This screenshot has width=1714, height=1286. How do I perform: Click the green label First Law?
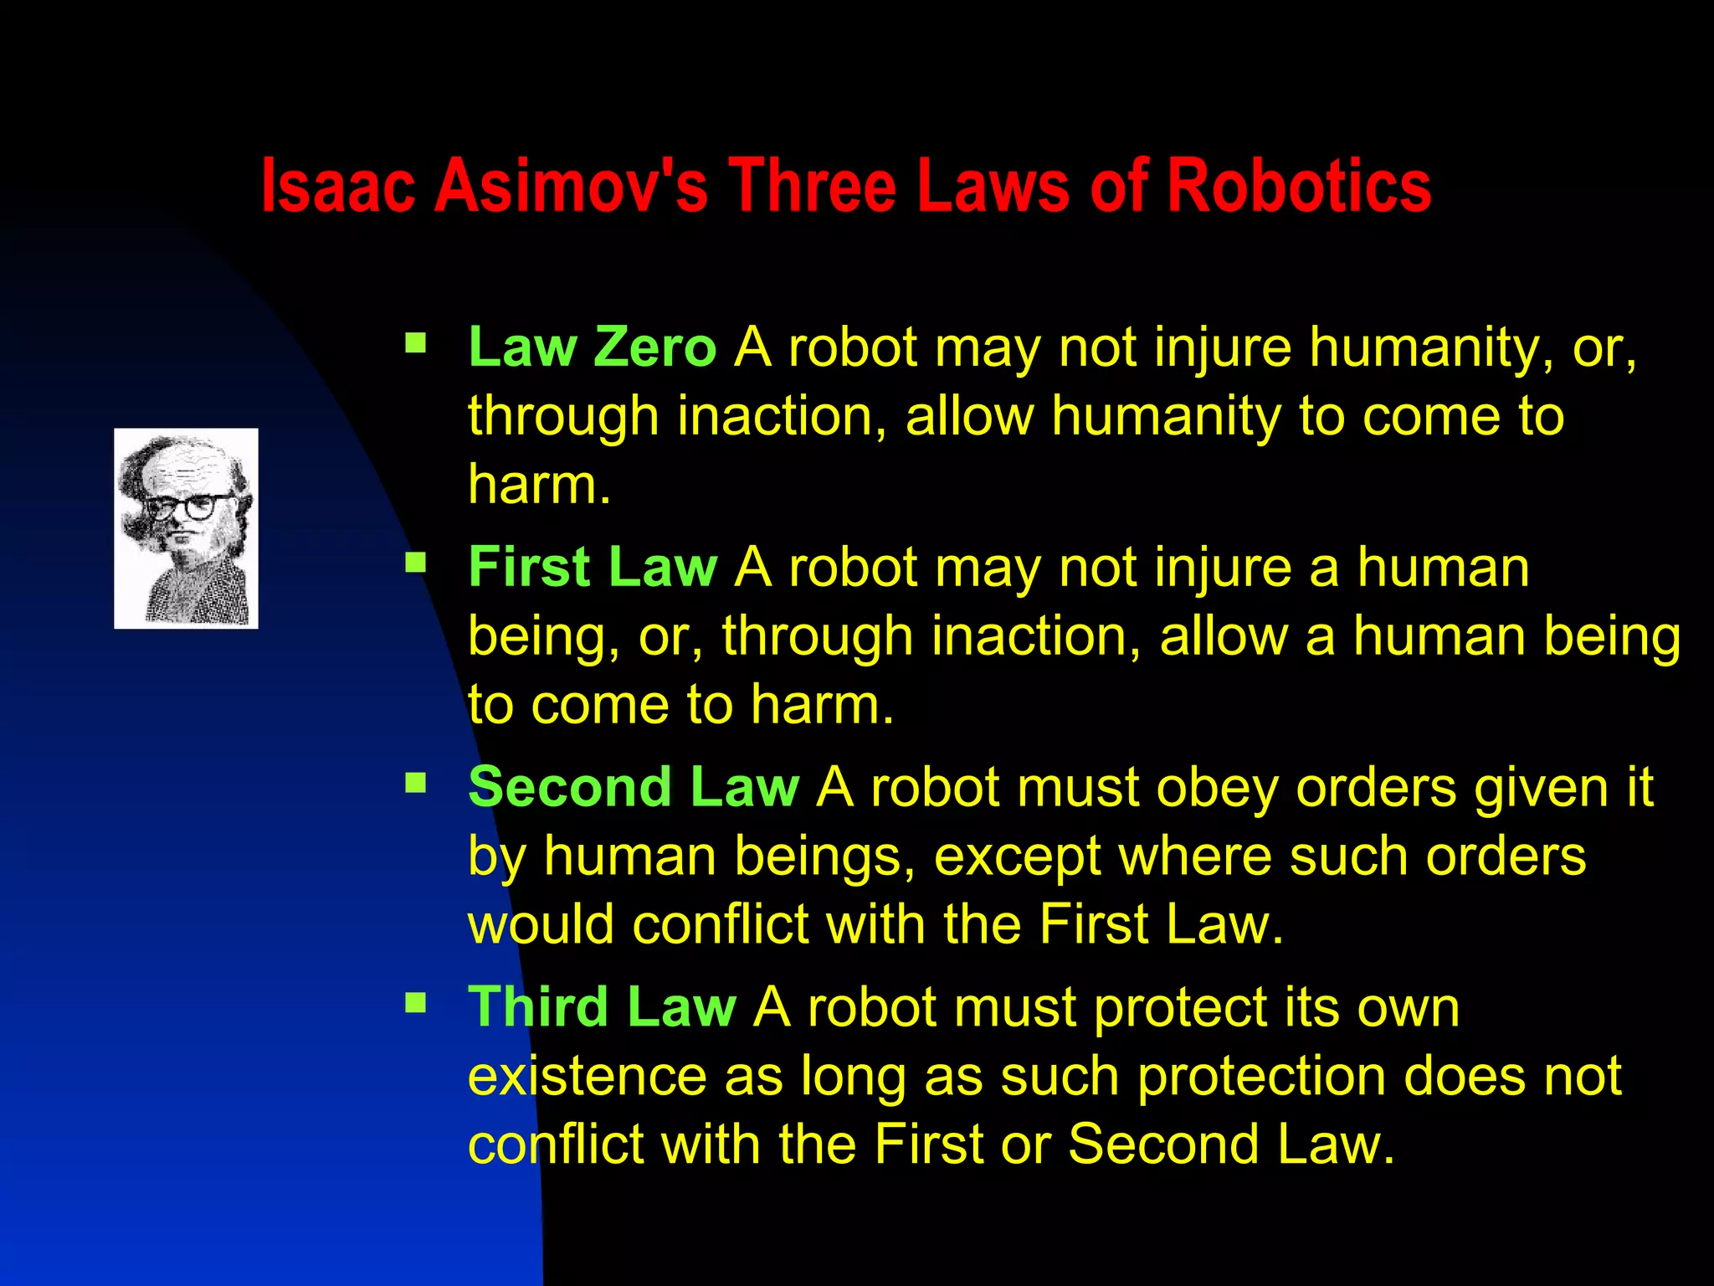(593, 567)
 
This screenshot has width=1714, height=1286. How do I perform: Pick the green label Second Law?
(634, 787)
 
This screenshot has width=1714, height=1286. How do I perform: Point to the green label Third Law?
(602, 1006)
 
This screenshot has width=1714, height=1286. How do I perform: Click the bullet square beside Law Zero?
(415, 342)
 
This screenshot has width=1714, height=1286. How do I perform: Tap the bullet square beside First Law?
(415, 562)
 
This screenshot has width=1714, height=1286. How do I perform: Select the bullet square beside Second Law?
(415, 783)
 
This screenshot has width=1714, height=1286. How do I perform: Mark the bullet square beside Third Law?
(415, 1002)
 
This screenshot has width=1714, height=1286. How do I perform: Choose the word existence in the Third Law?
(587, 1077)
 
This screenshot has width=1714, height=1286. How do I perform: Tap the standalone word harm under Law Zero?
(538, 485)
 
